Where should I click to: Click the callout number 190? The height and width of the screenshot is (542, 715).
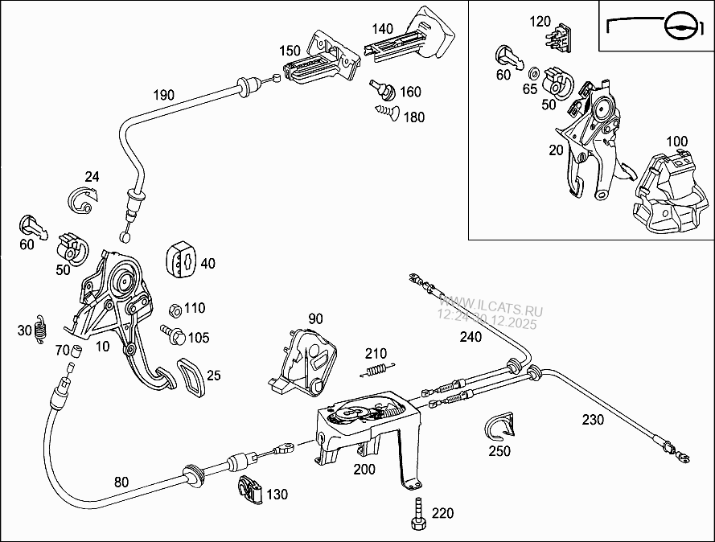click(163, 95)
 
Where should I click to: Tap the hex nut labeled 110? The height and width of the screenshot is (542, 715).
click(173, 309)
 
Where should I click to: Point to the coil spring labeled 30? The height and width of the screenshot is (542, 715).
click(43, 330)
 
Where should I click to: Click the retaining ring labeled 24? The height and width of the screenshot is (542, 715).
click(83, 199)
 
